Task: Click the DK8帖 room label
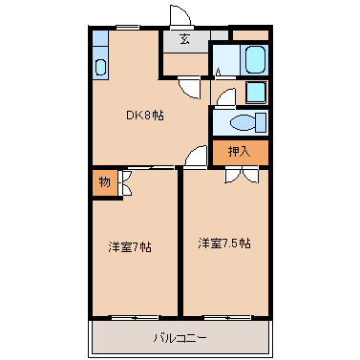pos(145,116)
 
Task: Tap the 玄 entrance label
pos(183,39)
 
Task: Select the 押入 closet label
pos(239,151)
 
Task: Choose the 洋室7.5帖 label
pos(224,244)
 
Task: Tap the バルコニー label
pos(180,337)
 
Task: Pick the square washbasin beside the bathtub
pos(256,93)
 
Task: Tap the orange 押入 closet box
pos(240,151)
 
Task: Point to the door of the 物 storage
pos(124,182)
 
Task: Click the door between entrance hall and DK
pos(194,86)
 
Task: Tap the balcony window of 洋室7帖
pos(134,316)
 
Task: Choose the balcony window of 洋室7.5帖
pos(225,316)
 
